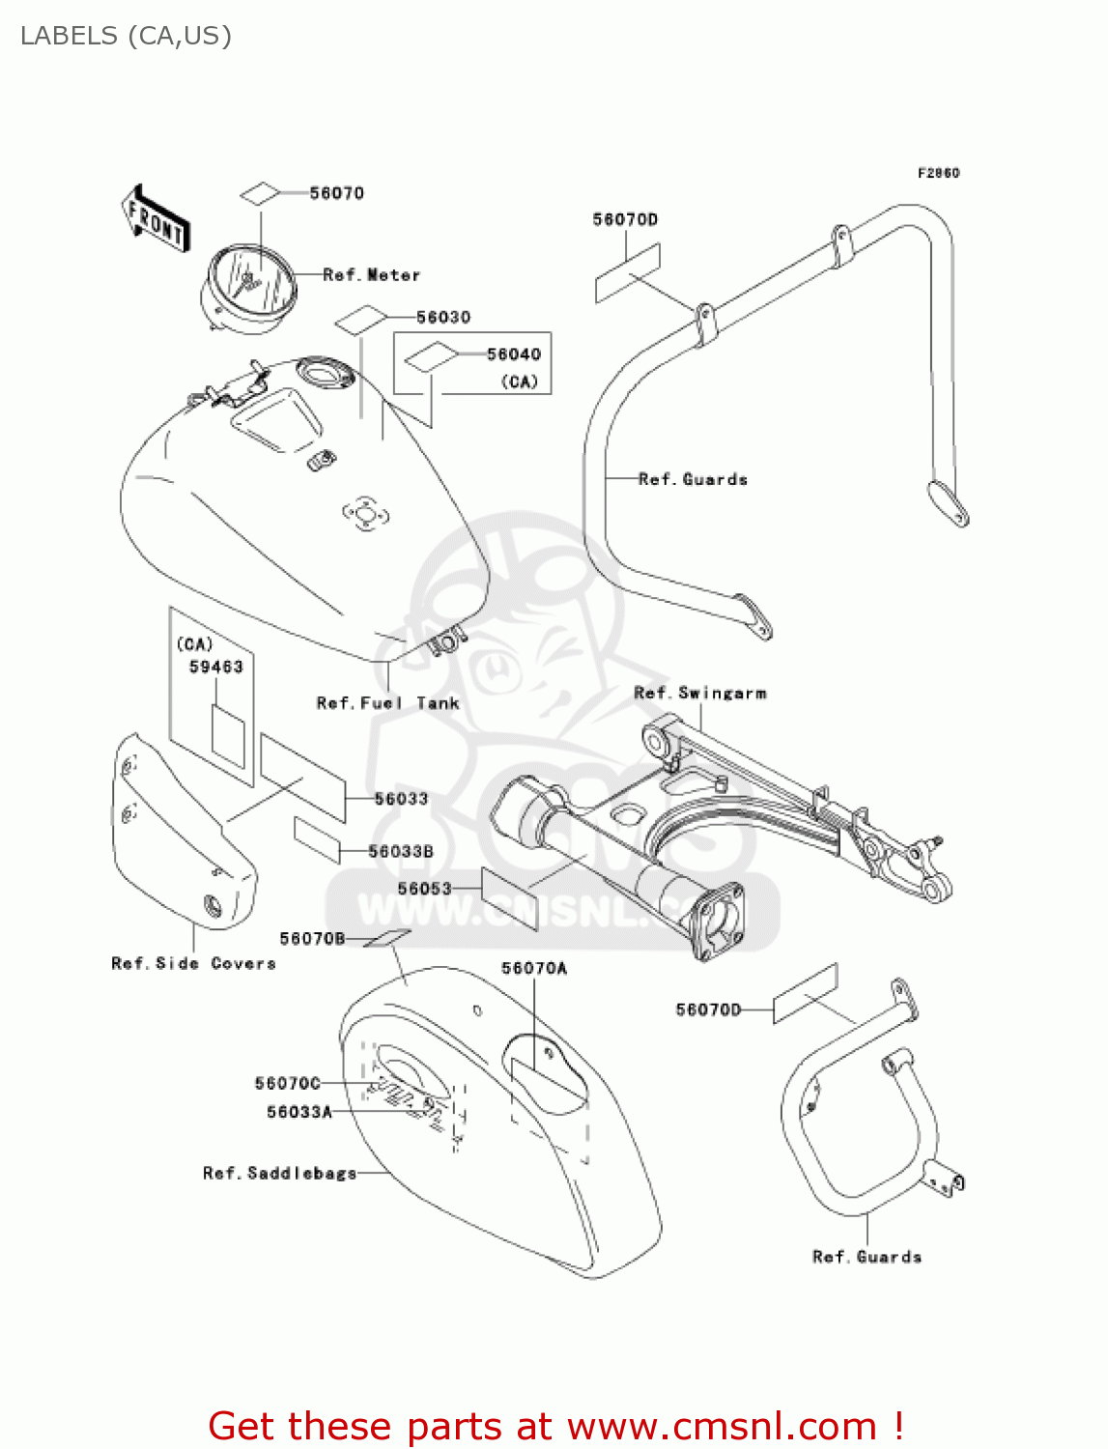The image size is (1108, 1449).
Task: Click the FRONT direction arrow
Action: tap(156, 219)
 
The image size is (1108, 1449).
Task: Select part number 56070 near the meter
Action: tap(336, 193)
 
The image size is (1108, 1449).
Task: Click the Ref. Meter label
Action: tap(371, 275)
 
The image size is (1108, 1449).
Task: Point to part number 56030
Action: tap(442, 317)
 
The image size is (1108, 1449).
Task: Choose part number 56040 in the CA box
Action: tap(513, 355)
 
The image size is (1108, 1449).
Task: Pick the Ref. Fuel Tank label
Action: tap(387, 703)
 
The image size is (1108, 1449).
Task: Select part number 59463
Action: tap(215, 667)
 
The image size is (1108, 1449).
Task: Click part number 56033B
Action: tap(400, 851)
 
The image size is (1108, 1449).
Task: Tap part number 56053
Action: tap(424, 889)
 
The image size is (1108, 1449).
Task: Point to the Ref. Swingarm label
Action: tap(699, 693)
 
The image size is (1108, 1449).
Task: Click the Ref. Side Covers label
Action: tap(193, 963)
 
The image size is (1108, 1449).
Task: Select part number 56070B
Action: tap(311, 938)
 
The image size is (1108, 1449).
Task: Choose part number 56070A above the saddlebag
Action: tap(533, 968)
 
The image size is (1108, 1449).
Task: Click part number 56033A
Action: tap(298, 1112)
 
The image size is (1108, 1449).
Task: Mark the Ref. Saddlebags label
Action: tap(279, 1173)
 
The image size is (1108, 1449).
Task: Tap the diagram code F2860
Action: tap(938, 173)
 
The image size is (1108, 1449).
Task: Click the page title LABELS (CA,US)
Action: tap(126, 36)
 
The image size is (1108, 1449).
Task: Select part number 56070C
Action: tap(287, 1083)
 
